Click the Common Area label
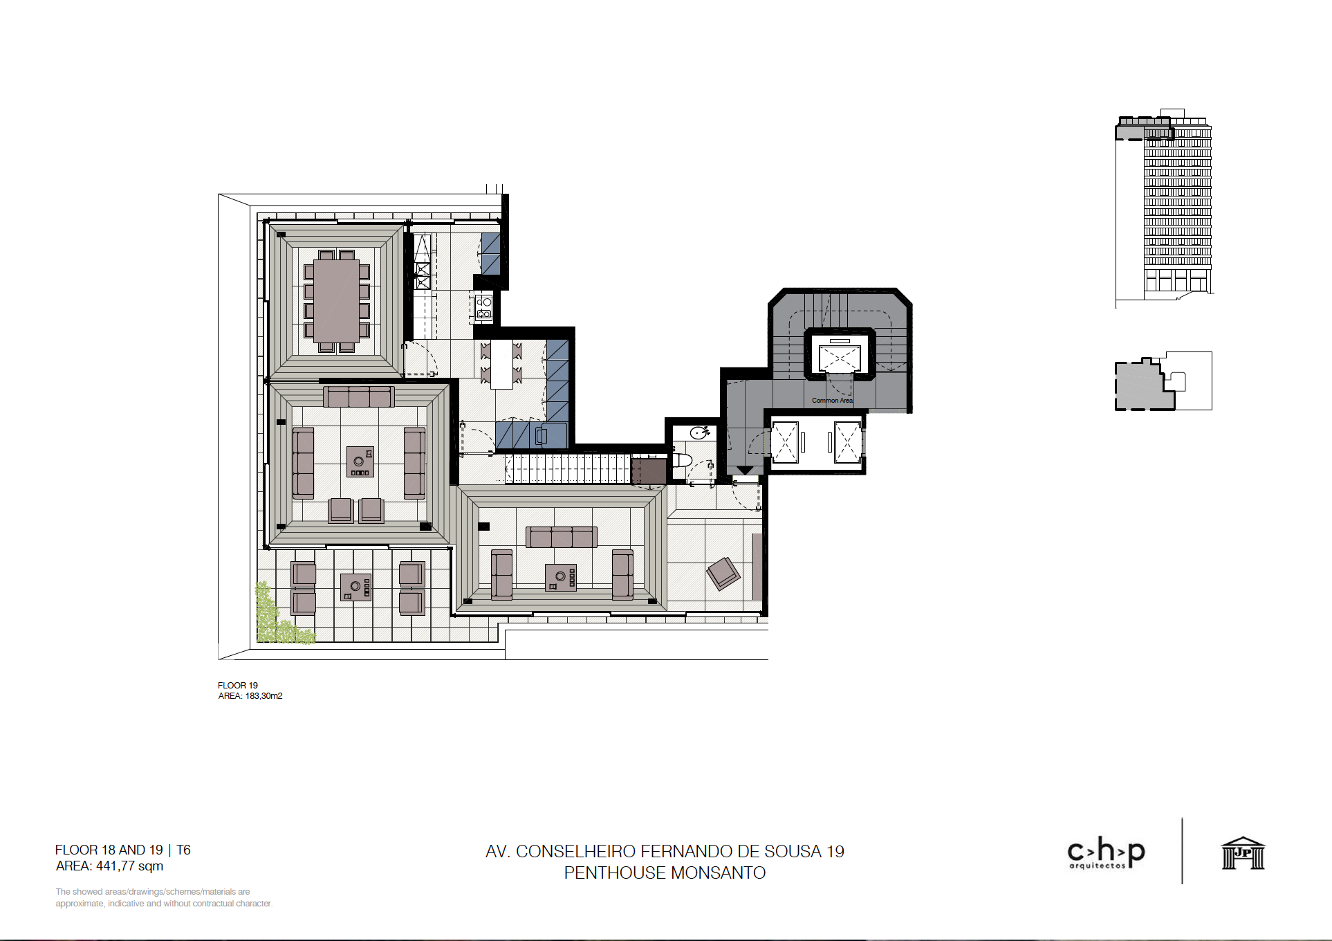click(x=832, y=401)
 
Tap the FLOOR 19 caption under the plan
click(x=238, y=686)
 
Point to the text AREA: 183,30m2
click(x=250, y=696)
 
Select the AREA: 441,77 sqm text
click(x=110, y=866)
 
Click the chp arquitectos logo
click(x=1107, y=854)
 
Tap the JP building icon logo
click(x=1243, y=852)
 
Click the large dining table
click(x=337, y=301)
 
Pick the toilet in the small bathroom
click(x=681, y=460)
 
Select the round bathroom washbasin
click(x=699, y=433)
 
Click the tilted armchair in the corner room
click(x=723, y=574)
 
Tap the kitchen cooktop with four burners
click(x=483, y=308)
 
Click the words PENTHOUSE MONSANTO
click(x=665, y=873)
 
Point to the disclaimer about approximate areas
click(x=164, y=897)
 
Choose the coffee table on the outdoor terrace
click(x=356, y=587)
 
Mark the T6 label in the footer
click(x=183, y=850)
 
